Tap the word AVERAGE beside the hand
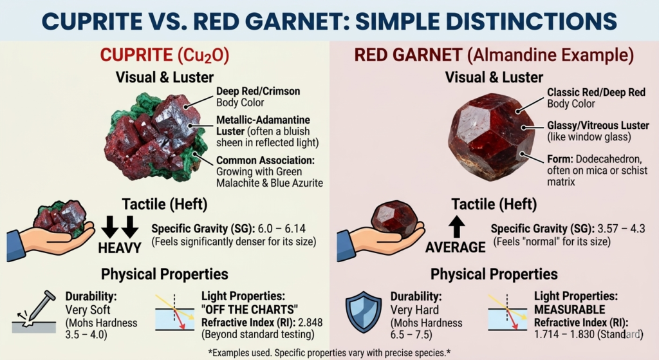tap(456, 247)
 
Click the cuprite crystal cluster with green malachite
tap(153, 135)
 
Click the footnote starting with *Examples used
tap(329, 352)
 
